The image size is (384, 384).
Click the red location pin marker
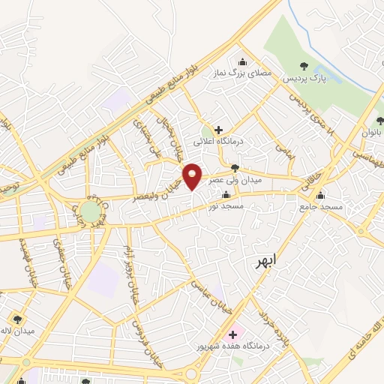193,176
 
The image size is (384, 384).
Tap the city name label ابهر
263,259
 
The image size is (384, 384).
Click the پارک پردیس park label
305,78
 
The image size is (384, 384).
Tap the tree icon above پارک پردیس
304,65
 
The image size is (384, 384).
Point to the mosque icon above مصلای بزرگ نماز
242,62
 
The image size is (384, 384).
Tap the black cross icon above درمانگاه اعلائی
218,129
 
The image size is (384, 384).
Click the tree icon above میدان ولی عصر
235,168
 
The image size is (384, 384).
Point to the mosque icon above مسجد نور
226,194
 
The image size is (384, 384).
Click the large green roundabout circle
90,211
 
